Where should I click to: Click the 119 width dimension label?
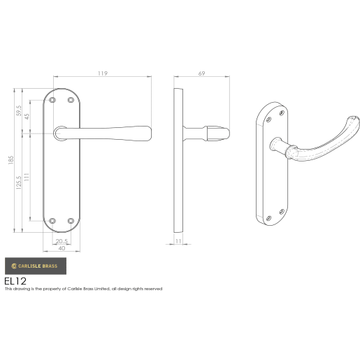(x=103, y=71)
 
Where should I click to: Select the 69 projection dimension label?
(x=201, y=72)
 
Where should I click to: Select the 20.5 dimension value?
(x=62, y=242)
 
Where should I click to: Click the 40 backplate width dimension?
(x=62, y=249)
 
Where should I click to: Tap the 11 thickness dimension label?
(x=180, y=241)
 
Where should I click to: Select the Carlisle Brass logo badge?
(x=36, y=266)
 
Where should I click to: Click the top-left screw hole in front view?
(x=52, y=101)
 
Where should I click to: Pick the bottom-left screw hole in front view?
(x=52, y=222)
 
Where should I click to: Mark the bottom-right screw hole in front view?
(x=71, y=222)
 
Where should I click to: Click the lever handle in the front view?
(x=112, y=131)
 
